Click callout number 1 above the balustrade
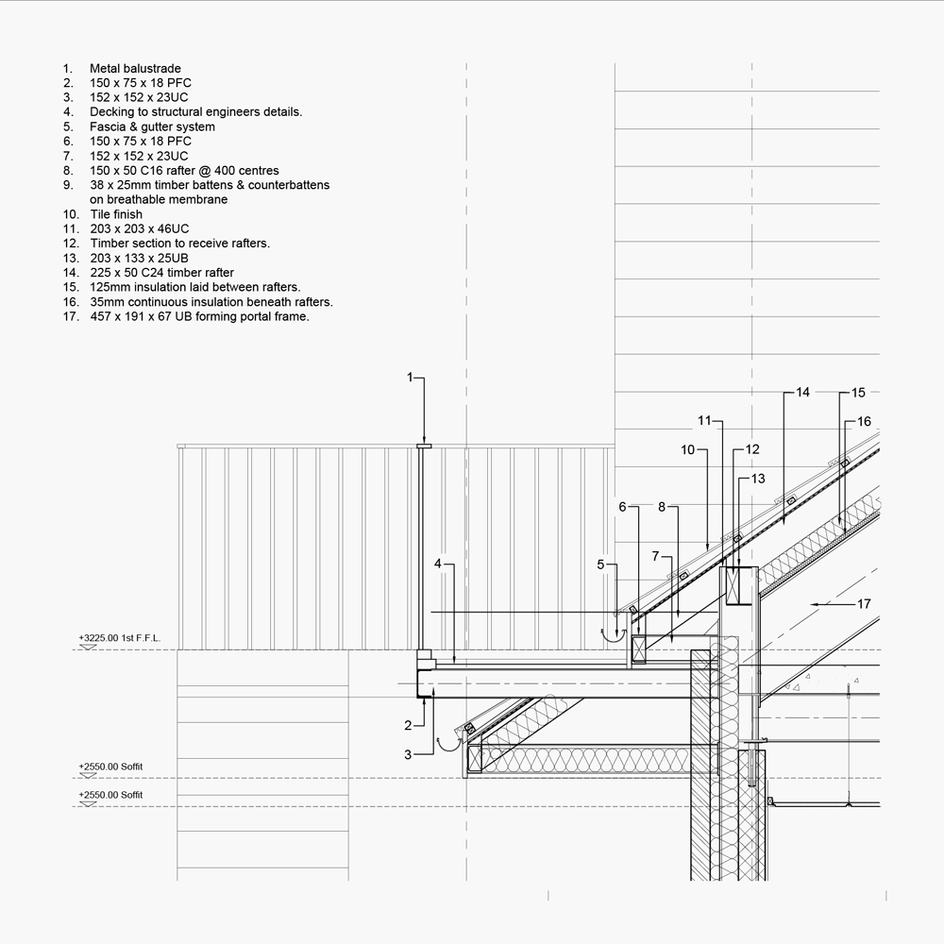coord(411,378)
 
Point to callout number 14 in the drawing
coord(802,393)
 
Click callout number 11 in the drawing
coord(703,420)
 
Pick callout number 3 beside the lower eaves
coord(408,754)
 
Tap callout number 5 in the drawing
coord(600,565)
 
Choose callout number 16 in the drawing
coord(864,422)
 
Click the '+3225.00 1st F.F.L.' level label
coord(120,639)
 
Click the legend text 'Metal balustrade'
coord(135,69)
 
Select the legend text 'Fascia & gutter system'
coord(152,126)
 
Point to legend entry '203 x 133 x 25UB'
coord(140,258)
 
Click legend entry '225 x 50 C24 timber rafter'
coord(161,273)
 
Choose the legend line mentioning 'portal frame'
coord(199,316)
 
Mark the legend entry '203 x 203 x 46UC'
coord(140,228)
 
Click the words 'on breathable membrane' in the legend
coord(159,199)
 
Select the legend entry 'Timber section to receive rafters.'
coord(179,244)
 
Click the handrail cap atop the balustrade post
coord(424,446)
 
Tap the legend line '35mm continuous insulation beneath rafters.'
coord(211,302)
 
